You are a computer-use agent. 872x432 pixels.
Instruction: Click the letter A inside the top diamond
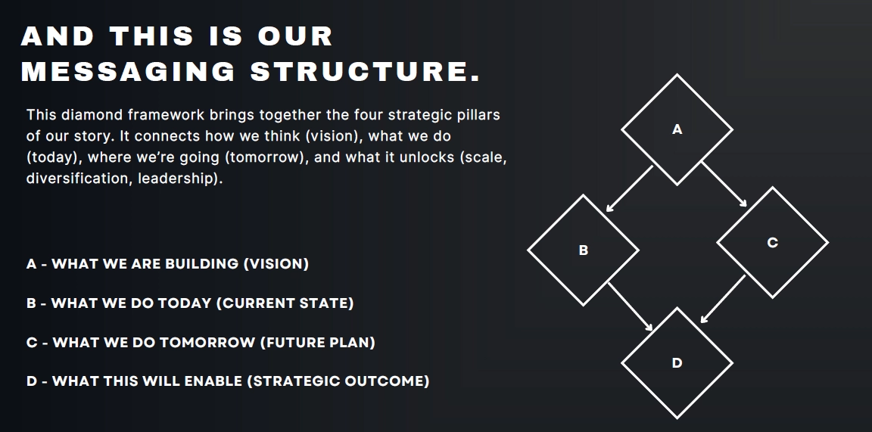click(677, 129)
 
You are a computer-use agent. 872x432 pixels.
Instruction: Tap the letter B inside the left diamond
click(584, 250)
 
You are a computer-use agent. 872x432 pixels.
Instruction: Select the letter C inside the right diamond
click(772, 242)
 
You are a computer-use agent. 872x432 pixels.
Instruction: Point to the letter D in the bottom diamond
click(677, 363)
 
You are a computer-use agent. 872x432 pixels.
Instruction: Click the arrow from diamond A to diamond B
click(629, 188)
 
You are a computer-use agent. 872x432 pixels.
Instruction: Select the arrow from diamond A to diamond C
click(724, 185)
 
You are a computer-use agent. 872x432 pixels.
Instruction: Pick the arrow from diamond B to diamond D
click(631, 307)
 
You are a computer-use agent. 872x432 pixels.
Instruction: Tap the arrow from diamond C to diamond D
click(723, 299)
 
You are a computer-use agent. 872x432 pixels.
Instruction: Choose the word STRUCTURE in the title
click(360, 72)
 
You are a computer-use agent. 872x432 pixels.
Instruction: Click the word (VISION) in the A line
click(276, 263)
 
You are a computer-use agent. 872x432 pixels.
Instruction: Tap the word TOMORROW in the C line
click(209, 342)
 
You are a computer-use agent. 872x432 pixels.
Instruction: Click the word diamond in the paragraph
click(92, 115)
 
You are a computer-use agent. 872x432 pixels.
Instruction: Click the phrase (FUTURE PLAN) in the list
click(318, 342)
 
